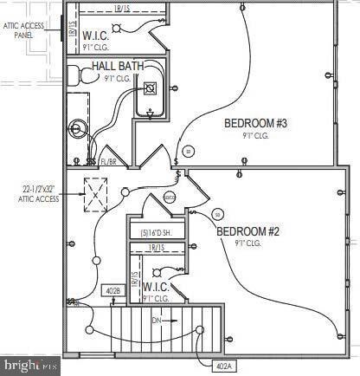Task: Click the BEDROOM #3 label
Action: (255, 123)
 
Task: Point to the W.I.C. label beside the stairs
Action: (155, 286)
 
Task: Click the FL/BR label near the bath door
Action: (109, 160)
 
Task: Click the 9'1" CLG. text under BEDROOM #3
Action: (256, 136)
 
